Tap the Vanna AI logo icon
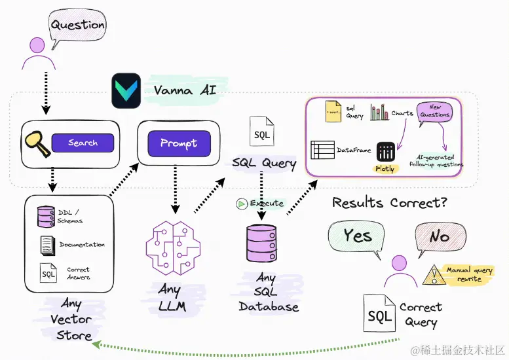point(126,90)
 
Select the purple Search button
point(83,143)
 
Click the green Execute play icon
point(242,204)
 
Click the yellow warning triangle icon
point(432,275)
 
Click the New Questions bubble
point(435,111)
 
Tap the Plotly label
point(385,168)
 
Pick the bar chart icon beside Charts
point(379,113)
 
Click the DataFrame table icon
point(322,150)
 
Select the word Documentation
point(82,245)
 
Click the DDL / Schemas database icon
point(46,217)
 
